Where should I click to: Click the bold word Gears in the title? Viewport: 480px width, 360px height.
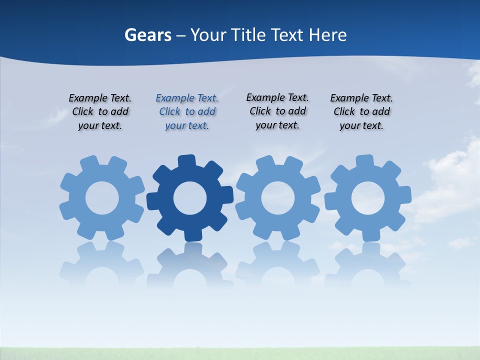coord(147,35)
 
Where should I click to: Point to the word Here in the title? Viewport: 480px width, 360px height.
coord(327,35)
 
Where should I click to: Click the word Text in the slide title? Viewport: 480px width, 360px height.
coord(287,35)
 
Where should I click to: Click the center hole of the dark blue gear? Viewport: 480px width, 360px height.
coord(190,198)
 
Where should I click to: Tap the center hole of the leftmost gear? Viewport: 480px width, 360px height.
coord(102,198)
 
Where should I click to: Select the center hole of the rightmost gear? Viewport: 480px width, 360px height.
coord(368,198)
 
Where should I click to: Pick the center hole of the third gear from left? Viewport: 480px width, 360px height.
coord(278,198)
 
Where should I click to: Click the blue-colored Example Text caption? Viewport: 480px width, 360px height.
coord(187,112)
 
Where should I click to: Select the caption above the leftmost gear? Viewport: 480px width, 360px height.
coord(100,112)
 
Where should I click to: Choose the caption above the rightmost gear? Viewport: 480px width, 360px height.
coord(361,112)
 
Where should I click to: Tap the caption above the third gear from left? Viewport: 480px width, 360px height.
coord(277,111)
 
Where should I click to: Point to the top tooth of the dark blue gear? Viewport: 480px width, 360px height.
coord(186,160)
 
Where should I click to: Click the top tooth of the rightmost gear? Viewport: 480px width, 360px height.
coord(364,160)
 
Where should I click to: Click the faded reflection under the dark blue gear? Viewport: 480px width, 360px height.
coord(190,265)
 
